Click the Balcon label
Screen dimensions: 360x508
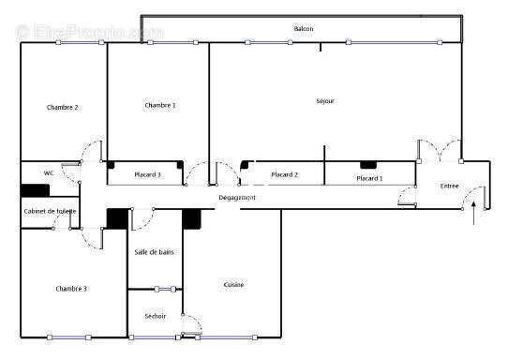304,29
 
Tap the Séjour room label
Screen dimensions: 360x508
325,101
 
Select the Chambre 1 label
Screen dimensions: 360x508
160,105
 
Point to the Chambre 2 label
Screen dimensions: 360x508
63,107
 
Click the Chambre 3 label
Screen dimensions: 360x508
71,289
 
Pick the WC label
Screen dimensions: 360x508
49,172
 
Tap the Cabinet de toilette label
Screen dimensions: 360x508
51,211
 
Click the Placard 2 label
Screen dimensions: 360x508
284,174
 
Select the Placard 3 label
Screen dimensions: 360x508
147,174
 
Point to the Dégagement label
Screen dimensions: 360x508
238,197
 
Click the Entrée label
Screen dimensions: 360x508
450,187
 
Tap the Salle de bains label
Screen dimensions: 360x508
154,251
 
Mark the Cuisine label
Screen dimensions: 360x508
234,285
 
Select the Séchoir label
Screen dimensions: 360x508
156,316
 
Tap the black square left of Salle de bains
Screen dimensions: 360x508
116,218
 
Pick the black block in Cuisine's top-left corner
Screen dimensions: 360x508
192,218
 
